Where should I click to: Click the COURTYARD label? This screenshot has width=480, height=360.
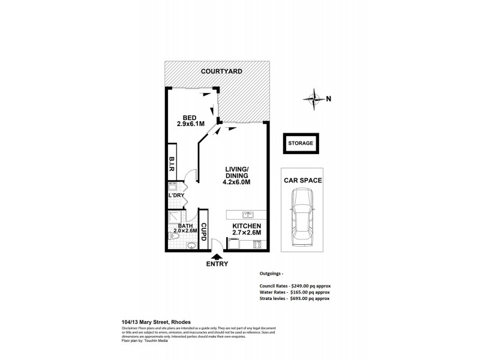[221, 71]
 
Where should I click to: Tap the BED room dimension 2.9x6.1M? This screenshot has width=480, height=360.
[191, 124]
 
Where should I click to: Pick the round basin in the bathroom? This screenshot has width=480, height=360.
[191, 245]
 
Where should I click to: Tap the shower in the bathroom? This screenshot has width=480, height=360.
[173, 218]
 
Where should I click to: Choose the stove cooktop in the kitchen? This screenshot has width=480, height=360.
[258, 245]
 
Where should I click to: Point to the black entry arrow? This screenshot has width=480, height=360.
[216, 257]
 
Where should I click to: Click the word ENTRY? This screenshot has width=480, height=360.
[217, 264]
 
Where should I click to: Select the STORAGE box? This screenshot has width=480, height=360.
[302, 144]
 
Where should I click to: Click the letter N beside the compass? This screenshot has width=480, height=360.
[328, 100]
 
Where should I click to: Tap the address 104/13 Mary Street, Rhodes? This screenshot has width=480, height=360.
[153, 321]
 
